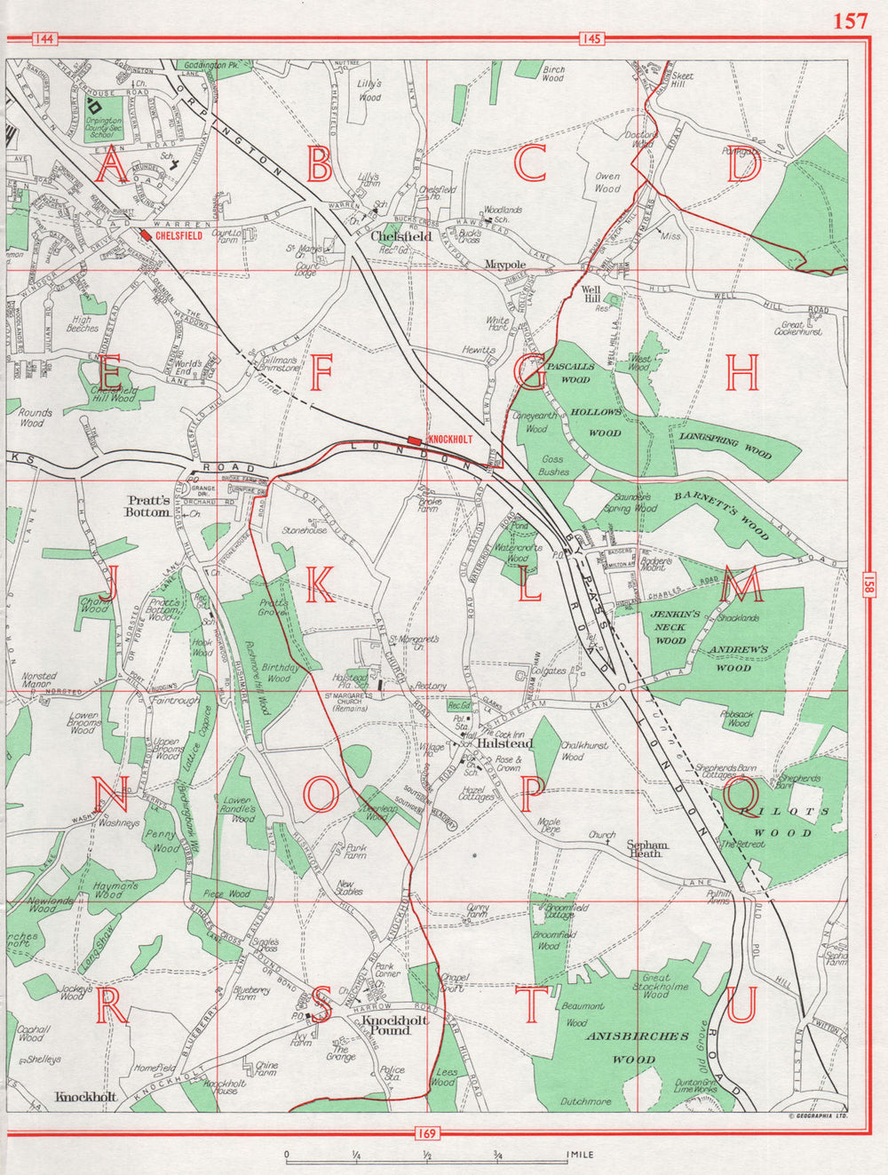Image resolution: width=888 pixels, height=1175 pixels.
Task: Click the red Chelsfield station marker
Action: (146, 236)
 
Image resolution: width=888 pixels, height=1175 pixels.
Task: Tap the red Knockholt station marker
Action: (415, 440)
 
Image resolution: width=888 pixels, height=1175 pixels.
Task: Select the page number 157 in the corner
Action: (850, 21)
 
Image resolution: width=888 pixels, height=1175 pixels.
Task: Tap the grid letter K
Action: (320, 584)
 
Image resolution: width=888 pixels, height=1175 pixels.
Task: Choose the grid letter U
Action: (742, 1004)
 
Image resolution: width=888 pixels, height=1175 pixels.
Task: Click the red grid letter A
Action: (111, 166)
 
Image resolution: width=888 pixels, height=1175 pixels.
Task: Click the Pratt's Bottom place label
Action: (147, 505)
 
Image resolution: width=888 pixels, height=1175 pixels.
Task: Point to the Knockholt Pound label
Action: (395, 1026)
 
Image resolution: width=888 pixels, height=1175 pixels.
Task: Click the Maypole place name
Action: (505, 265)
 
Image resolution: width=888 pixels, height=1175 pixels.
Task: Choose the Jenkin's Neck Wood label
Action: (670, 627)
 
